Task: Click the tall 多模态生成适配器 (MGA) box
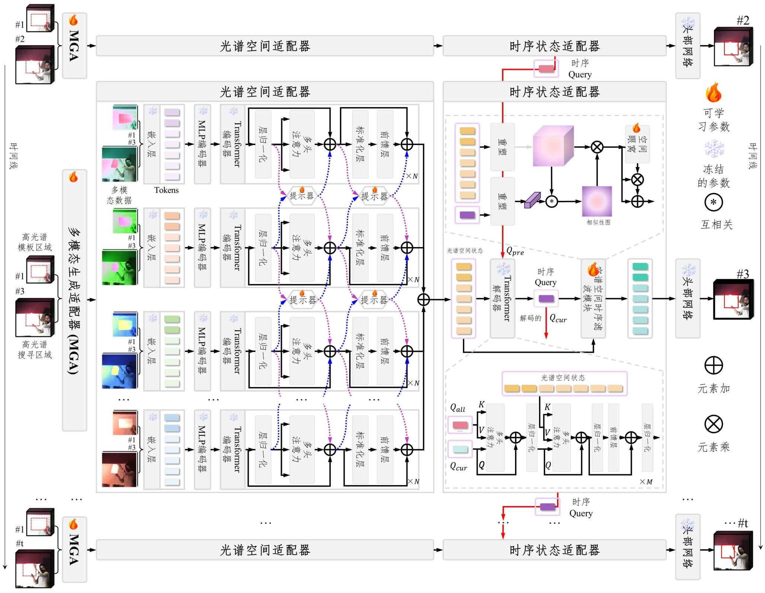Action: coord(74,300)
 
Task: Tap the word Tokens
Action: coord(166,190)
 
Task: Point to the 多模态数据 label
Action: coord(119,195)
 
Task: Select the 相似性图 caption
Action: coord(598,222)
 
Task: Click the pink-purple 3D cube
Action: coord(553,146)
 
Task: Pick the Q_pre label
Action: coord(515,251)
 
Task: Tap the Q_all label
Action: coord(458,408)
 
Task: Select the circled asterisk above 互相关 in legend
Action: coord(713,202)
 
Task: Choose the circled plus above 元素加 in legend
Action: coord(714,365)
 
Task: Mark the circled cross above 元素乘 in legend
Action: coord(714,424)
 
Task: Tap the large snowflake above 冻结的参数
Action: coord(714,148)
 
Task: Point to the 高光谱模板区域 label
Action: coord(35,242)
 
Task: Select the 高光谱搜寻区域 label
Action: coord(35,349)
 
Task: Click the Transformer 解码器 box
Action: coord(502,298)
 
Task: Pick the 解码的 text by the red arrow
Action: coord(530,318)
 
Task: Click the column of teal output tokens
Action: coord(640,298)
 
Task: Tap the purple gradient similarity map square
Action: coord(597,201)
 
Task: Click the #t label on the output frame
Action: coord(743,524)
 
